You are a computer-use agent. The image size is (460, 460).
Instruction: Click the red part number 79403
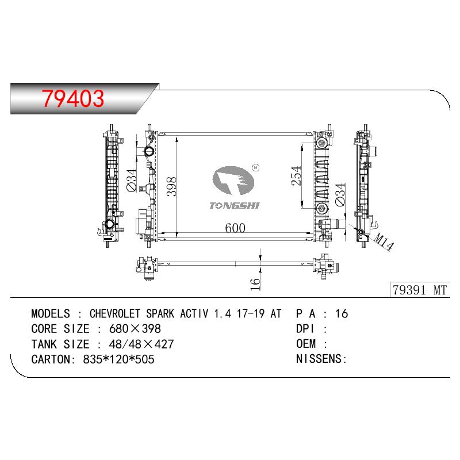(x=73, y=98)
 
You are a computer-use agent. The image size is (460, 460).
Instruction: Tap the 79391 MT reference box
(x=420, y=290)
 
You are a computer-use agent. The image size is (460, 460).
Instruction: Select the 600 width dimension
(x=235, y=228)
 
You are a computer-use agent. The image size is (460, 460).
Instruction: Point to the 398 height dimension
(x=171, y=186)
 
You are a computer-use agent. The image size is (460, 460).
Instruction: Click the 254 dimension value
(x=296, y=175)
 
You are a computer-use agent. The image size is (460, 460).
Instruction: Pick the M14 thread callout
(x=384, y=243)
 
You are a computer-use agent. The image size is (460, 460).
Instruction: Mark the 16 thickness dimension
(x=255, y=283)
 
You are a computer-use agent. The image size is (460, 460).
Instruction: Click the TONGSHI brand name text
(x=235, y=206)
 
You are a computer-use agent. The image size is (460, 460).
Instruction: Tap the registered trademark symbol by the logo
(x=256, y=167)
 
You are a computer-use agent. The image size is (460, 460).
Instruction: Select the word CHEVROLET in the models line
(x=114, y=313)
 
